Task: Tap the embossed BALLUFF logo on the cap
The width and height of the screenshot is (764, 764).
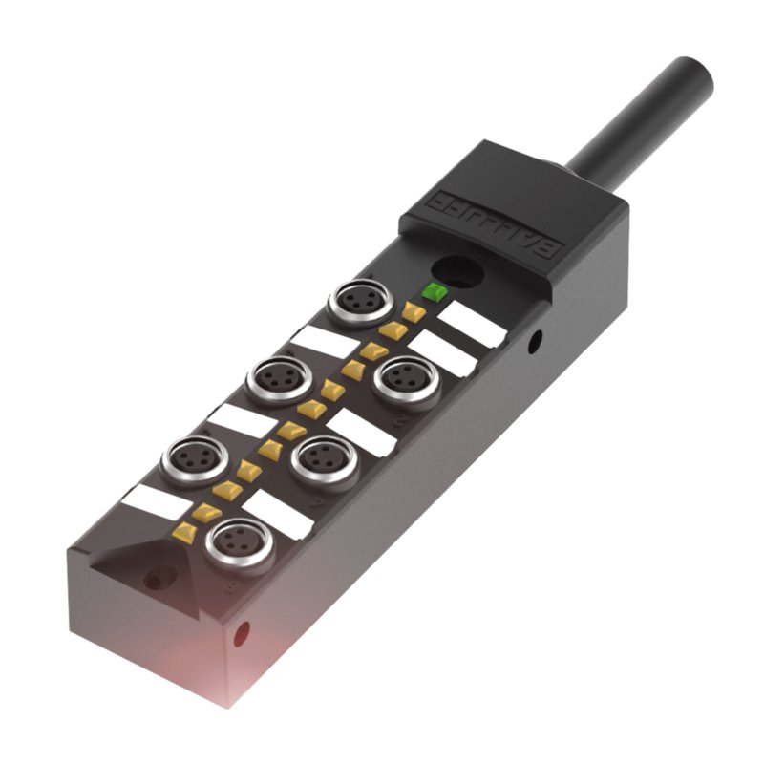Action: click(498, 223)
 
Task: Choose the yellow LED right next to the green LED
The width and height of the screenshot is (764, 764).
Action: click(414, 311)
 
